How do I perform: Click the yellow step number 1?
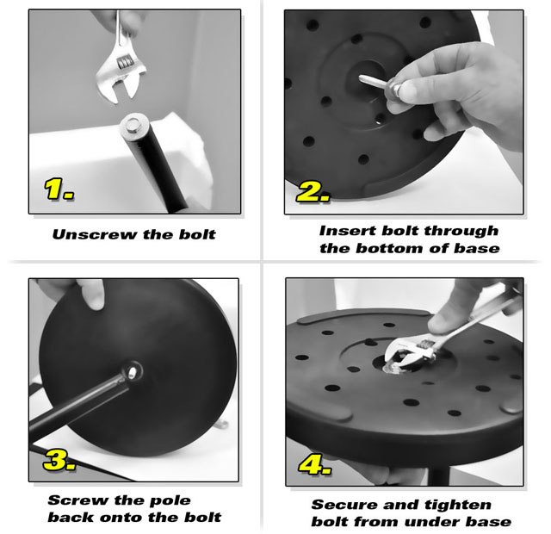click(x=59, y=189)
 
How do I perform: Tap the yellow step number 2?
click(x=313, y=192)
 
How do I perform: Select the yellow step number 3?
click(x=59, y=460)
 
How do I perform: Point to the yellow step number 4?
click(x=315, y=465)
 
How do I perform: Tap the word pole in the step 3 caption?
click(x=170, y=500)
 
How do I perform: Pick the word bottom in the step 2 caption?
click(x=389, y=248)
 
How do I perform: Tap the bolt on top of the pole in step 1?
click(x=133, y=126)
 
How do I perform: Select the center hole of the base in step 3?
click(x=133, y=372)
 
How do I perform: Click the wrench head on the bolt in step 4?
click(x=407, y=355)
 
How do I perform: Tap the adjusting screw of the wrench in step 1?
click(x=126, y=62)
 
